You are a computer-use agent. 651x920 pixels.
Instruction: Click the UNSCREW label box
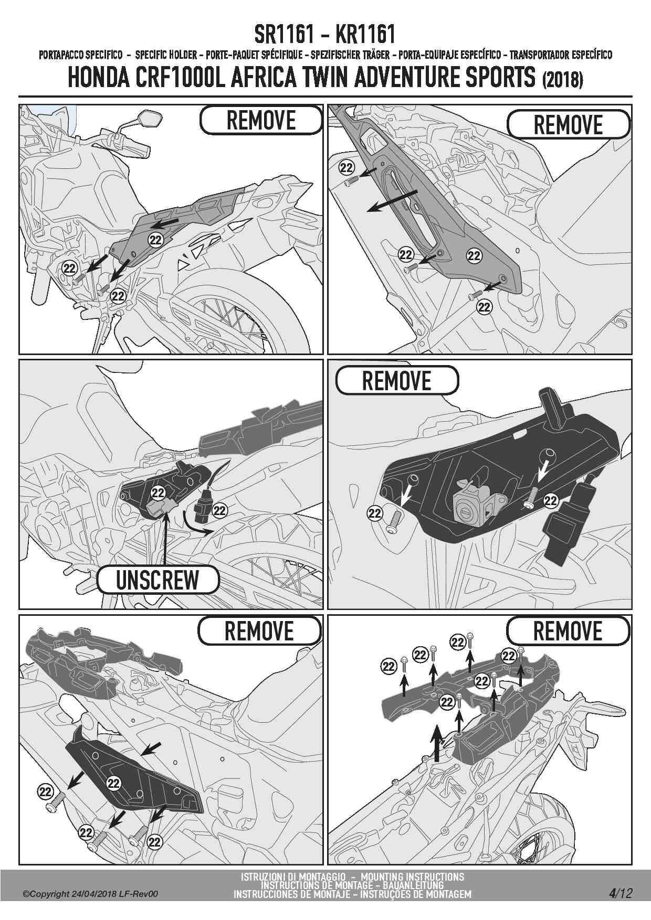[157, 580]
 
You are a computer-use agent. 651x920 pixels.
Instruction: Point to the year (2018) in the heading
[561, 80]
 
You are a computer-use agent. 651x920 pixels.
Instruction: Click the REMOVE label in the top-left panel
[261, 120]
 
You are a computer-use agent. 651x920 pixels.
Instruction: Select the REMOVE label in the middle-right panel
[396, 380]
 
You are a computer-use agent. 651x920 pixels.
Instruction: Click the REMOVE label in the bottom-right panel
[568, 631]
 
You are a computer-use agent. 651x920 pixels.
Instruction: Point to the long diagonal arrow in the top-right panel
[393, 201]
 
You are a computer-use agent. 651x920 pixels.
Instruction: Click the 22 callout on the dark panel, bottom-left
[113, 784]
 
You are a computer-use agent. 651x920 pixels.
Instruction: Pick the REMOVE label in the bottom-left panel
[259, 631]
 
